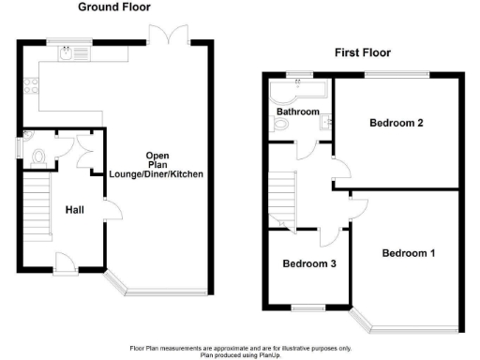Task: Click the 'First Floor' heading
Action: [363, 53]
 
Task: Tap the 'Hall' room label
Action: [76, 210]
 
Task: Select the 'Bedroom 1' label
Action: [408, 252]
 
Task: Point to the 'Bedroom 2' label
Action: [397, 123]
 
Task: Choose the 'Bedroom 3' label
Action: [309, 263]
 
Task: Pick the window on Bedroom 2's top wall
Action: [397, 73]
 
